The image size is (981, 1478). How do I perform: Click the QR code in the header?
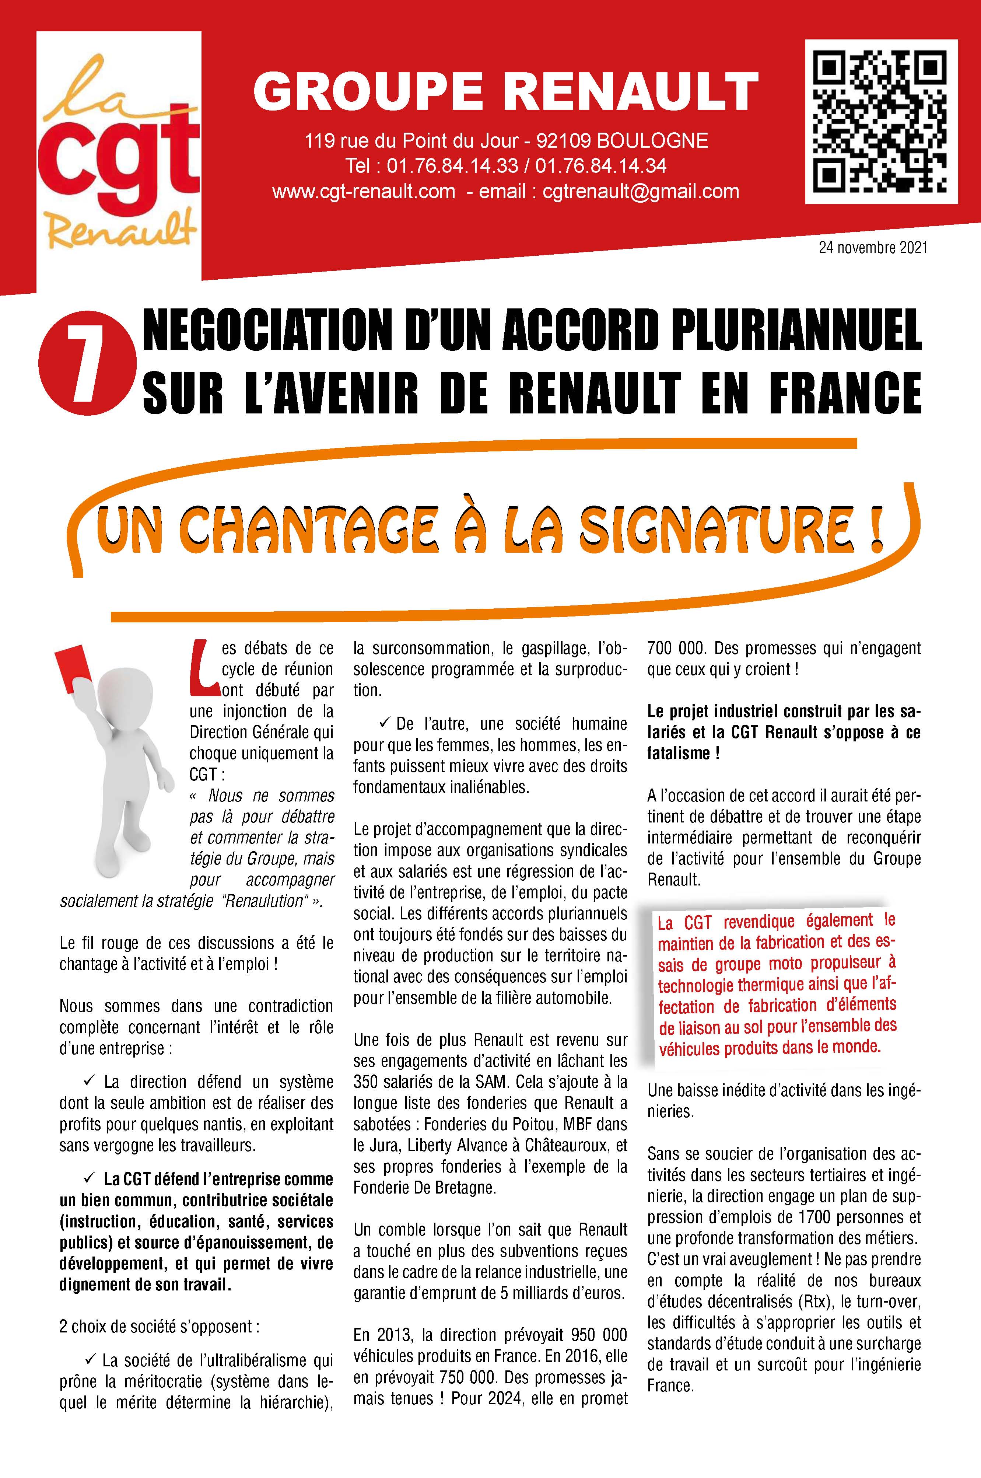880,121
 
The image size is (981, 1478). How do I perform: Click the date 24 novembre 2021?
873,248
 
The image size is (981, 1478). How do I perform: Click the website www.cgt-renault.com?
364,191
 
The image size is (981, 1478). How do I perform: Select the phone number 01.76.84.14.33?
452,166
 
